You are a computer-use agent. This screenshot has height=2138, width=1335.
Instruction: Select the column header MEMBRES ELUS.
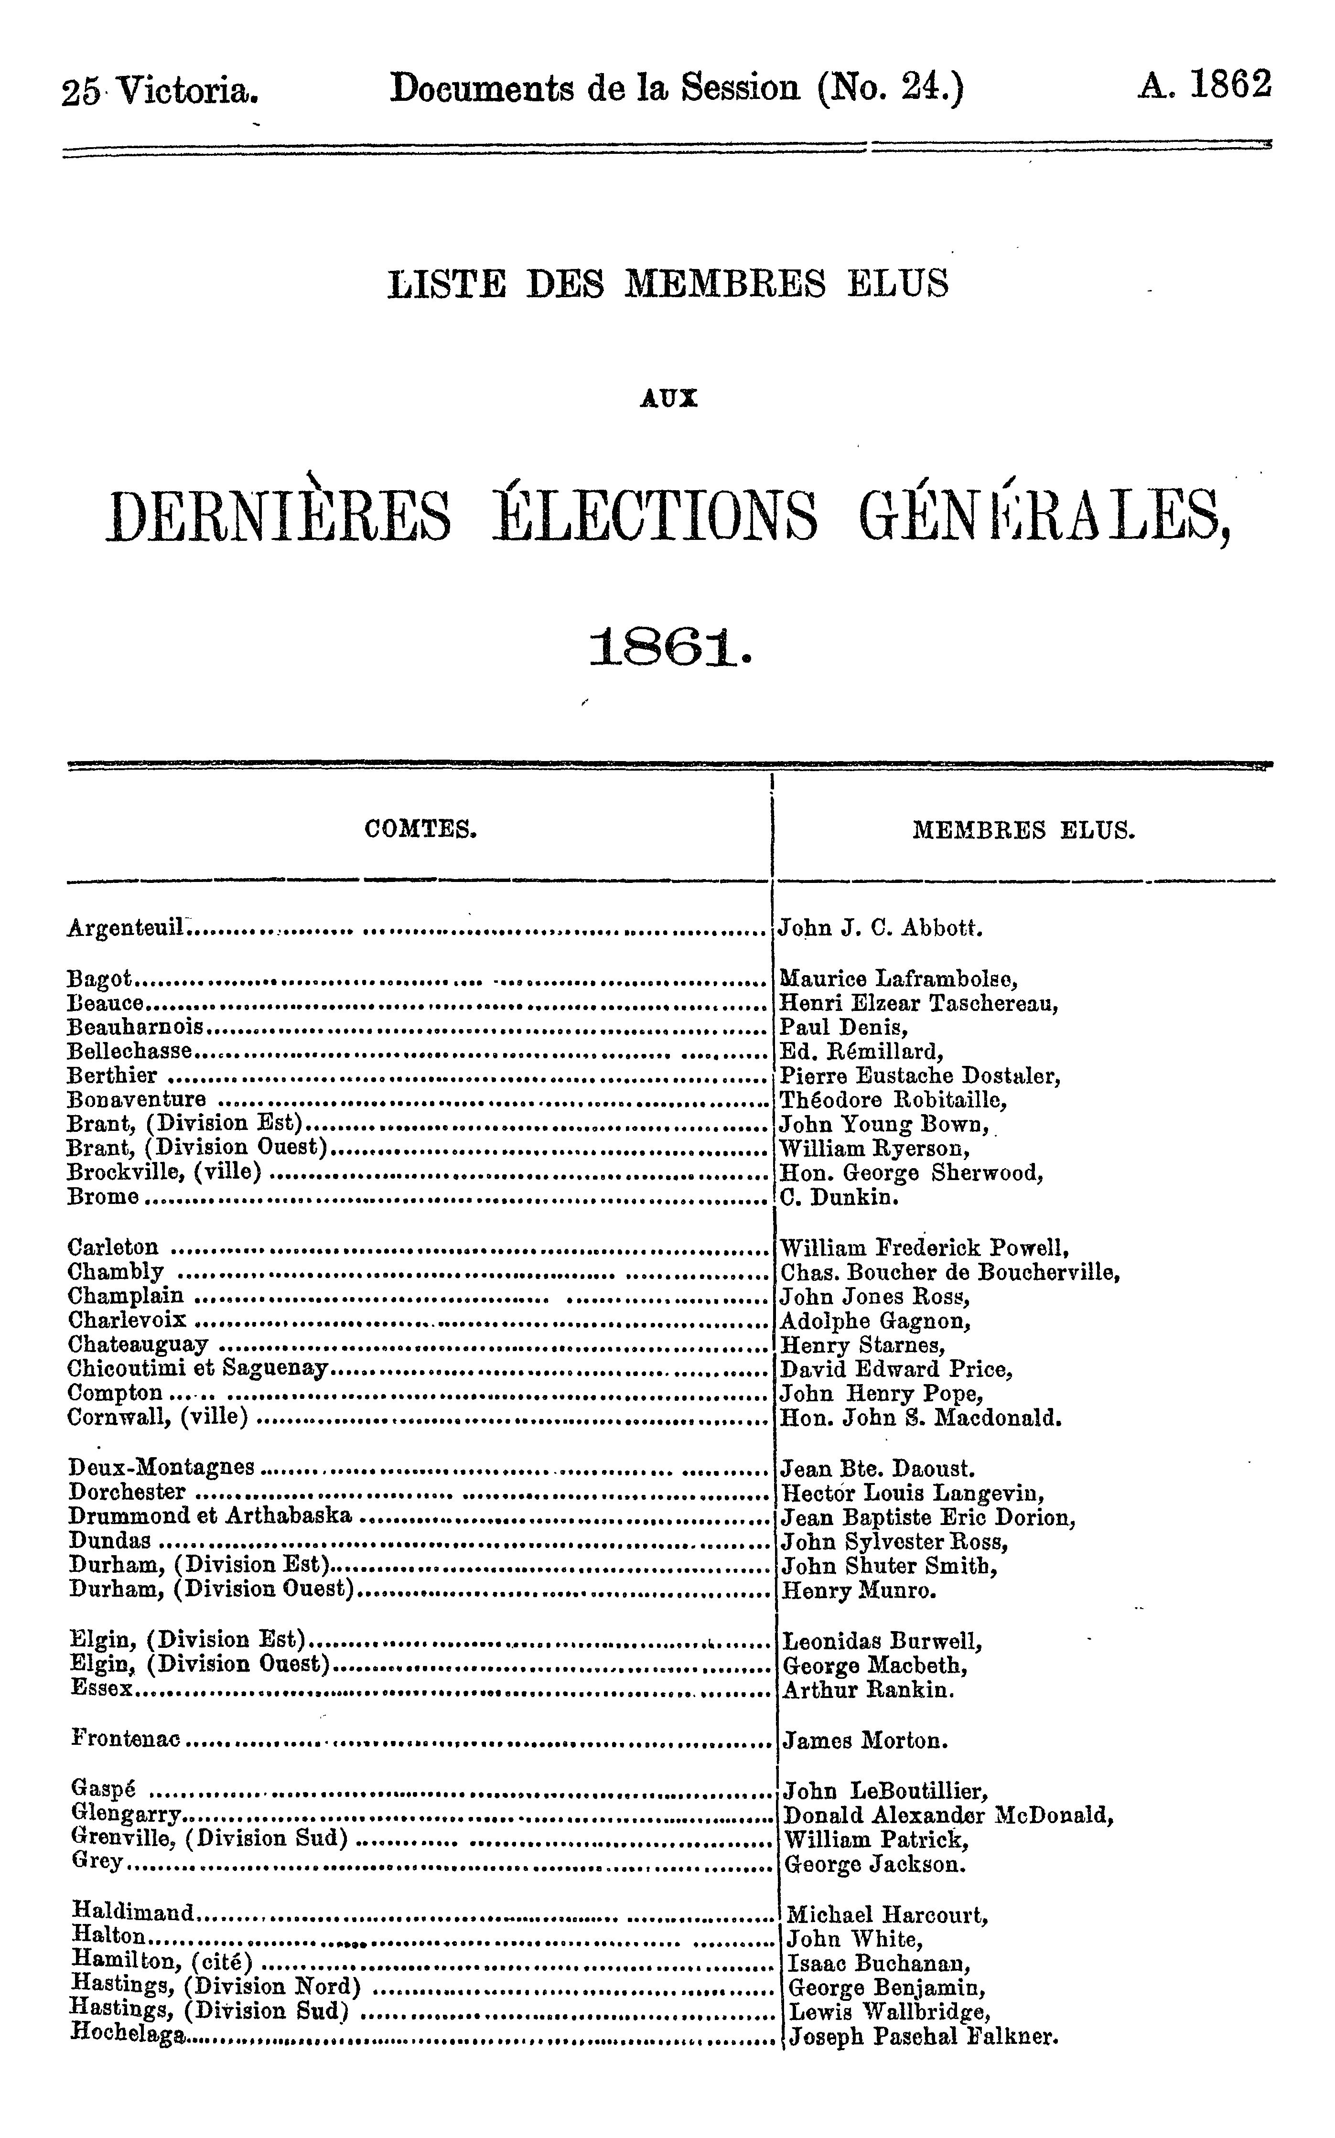coord(1023,831)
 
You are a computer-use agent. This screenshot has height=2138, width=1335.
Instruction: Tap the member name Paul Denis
coord(844,1028)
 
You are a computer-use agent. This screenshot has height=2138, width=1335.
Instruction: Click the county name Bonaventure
coord(136,1100)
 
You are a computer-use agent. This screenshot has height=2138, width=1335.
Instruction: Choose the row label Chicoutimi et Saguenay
coord(198,1369)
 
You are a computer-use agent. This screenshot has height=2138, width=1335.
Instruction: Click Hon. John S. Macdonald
coord(921,1418)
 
